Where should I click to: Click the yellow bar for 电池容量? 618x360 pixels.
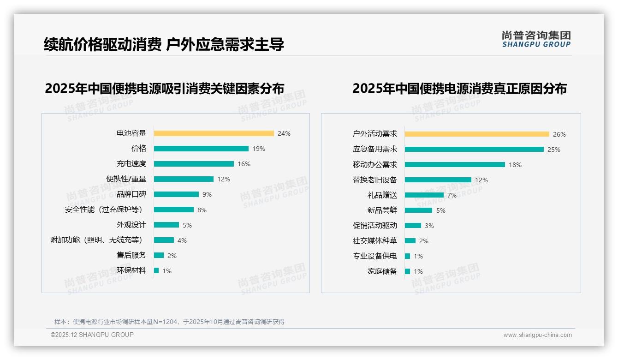point(214,133)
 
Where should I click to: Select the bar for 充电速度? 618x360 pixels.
point(194,164)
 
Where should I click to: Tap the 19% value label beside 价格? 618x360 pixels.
point(259,149)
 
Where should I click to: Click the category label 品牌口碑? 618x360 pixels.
point(131,194)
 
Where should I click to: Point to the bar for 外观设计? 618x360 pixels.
point(166,225)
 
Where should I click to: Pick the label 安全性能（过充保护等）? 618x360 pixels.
point(104,210)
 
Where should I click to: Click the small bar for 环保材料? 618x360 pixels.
point(156,270)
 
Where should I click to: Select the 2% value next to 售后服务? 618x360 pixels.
point(172,255)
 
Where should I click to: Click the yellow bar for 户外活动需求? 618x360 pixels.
point(477,134)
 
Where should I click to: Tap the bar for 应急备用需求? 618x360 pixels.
point(474,150)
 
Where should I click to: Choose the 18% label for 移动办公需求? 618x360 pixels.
point(515,165)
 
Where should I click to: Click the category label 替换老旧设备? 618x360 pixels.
point(374,180)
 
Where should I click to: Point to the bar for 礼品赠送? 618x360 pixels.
point(424,195)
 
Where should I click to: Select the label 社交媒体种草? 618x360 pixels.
point(374,241)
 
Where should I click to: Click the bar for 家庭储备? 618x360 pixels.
point(407,271)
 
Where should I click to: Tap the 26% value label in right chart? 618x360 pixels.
point(559,134)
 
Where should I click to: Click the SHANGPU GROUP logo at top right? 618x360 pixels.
point(536,39)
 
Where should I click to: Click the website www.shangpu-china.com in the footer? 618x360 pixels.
point(537,335)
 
